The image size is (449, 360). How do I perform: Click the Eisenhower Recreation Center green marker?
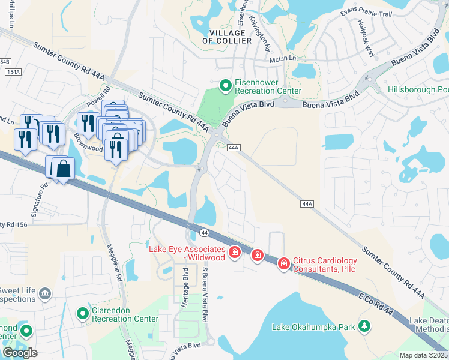point(226,86)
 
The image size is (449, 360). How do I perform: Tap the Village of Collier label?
point(228,36)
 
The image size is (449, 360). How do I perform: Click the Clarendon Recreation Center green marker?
point(83,313)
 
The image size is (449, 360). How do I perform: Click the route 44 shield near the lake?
point(205,232)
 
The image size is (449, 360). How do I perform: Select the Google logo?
point(20,353)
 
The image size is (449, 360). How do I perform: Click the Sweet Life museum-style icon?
point(45,293)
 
